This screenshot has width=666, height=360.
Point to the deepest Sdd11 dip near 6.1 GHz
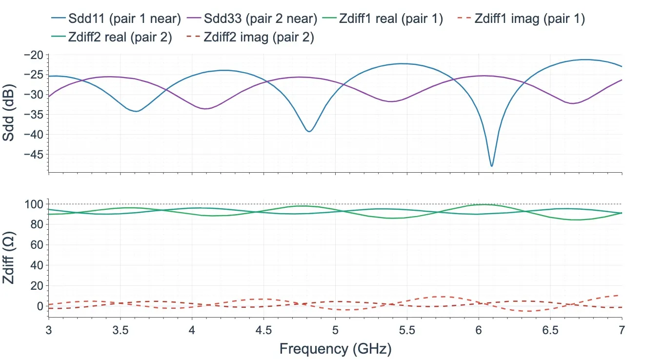[x=492, y=166]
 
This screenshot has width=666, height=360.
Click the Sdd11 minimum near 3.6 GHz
[x=137, y=111]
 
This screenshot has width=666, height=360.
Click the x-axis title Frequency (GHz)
[x=335, y=349]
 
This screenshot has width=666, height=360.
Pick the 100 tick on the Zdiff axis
[x=34, y=204]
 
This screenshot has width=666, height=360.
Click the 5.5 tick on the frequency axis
[x=407, y=330]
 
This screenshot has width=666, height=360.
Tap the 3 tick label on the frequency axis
[x=48, y=330]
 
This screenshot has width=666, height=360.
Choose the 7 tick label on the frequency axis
[x=622, y=330]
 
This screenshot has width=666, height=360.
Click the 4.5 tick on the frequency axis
[x=263, y=330]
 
